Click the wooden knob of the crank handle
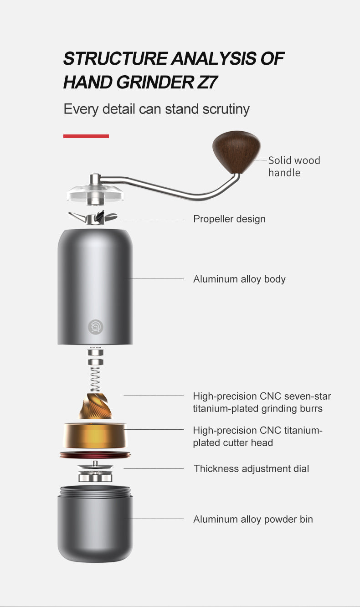tap(237, 151)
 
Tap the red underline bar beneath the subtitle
tap(86, 136)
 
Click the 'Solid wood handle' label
tap(294, 166)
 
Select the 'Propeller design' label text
tap(229, 219)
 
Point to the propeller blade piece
tap(93, 217)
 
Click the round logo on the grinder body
tap(96, 327)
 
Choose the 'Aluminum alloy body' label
tap(239, 279)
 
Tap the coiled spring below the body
tap(95, 379)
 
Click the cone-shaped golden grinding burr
tap(95, 406)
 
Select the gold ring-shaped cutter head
tap(95, 436)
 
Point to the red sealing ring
tap(95, 455)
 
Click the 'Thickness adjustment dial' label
tap(252, 468)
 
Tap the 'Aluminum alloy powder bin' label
tap(253, 519)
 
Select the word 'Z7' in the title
tap(207, 82)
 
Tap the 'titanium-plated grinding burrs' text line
tap(257, 409)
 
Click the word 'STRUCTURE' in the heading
tap(115, 58)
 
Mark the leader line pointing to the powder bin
tap(154, 519)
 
